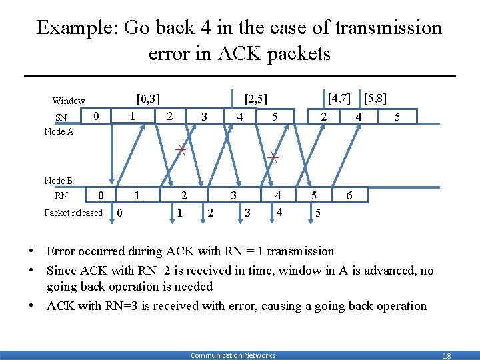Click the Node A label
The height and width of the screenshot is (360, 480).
click(59, 132)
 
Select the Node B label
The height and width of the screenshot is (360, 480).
click(59, 181)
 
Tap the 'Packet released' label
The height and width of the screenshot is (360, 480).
click(73, 213)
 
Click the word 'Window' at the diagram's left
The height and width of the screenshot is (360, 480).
click(69, 101)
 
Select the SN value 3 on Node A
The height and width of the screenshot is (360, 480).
click(204, 117)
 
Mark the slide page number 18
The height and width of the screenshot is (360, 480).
click(447, 356)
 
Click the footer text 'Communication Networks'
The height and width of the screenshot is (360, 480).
click(233, 355)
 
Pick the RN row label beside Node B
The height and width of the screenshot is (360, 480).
click(61, 196)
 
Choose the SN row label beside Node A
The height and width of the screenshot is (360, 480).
click(61, 118)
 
